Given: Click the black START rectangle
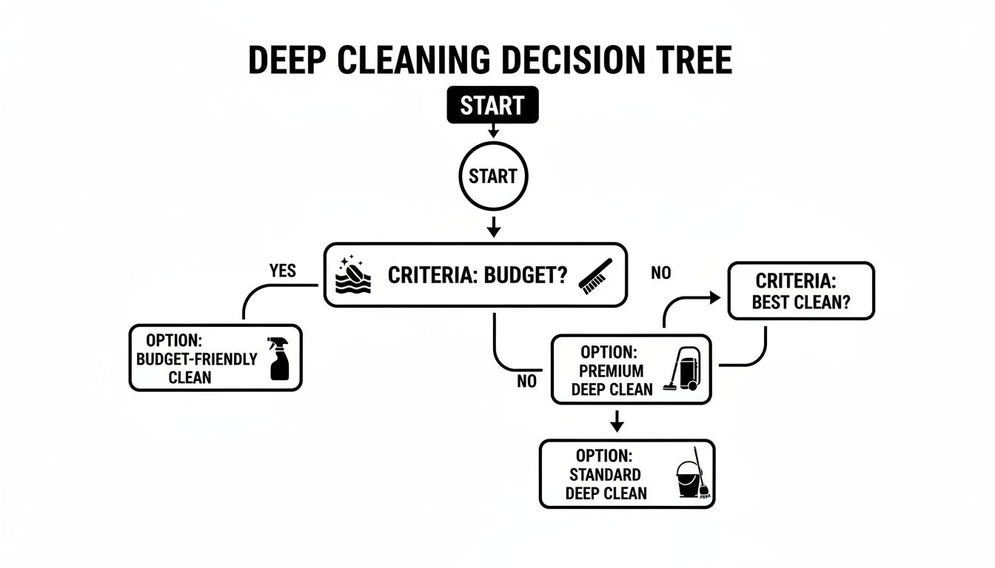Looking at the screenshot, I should tap(492, 106).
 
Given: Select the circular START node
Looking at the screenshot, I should tap(492, 176).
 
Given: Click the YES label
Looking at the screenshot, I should tap(282, 271).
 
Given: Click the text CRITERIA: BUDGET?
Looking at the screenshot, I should tap(478, 276).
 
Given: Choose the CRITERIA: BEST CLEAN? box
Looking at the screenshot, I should tap(801, 291).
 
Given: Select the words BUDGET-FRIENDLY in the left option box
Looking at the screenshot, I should tap(197, 359).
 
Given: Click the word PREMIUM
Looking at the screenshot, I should tap(612, 371).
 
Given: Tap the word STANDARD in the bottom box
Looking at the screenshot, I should tap(605, 475).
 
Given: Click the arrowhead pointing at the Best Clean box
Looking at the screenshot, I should tap(714, 297).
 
